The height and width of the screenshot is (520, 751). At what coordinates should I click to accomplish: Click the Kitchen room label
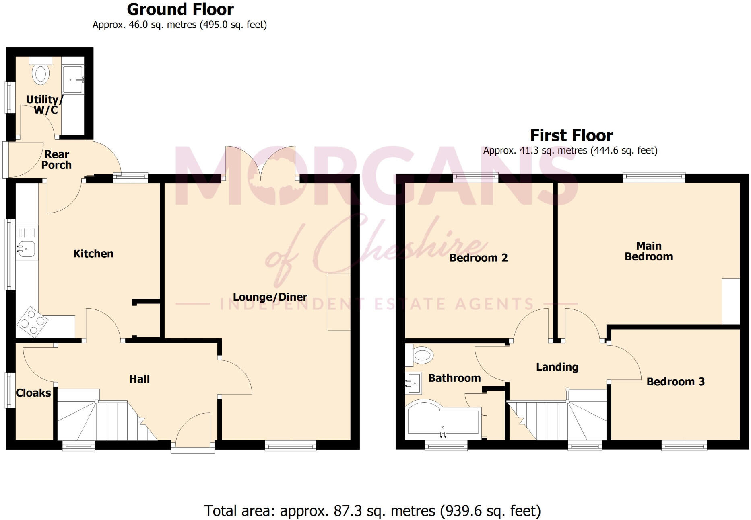click(93, 254)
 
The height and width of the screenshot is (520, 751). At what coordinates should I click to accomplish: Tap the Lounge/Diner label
click(270, 297)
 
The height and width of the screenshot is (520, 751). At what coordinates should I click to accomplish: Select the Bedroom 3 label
click(675, 382)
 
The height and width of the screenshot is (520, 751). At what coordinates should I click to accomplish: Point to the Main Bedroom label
click(648, 251)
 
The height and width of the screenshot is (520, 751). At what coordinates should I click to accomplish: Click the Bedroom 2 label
click(479, 258)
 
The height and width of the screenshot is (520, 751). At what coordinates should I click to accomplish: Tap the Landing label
click(557, 367)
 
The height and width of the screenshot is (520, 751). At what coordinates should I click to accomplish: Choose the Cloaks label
click(33, 393)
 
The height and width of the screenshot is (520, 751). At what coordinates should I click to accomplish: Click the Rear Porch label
click(56, 160)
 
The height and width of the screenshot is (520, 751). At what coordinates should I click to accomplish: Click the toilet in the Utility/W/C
click(41, 72)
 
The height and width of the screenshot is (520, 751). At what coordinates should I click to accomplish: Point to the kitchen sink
click(26, 249)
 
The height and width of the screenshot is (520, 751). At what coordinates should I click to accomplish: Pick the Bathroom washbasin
click(413, 383)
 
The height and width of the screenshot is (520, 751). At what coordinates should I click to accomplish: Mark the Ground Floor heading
click(180, 9)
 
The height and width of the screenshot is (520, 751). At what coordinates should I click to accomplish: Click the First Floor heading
click(571, 135)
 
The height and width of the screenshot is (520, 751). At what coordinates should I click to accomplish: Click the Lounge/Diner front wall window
click(290, 445)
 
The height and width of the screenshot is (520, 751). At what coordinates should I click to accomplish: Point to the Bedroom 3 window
click(684, 445)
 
